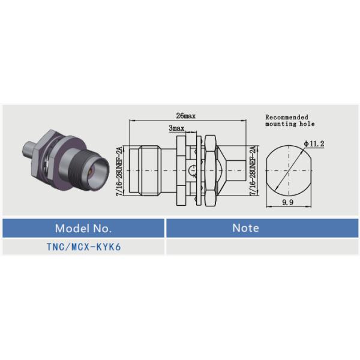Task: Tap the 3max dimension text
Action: click(x=176, y=128)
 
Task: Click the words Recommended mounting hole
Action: click(x=287, y=121)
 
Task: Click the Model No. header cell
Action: click(x=83, y=228)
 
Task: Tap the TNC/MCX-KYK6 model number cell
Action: click(x=83, y=247)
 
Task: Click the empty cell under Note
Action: click(x=262, y=247)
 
